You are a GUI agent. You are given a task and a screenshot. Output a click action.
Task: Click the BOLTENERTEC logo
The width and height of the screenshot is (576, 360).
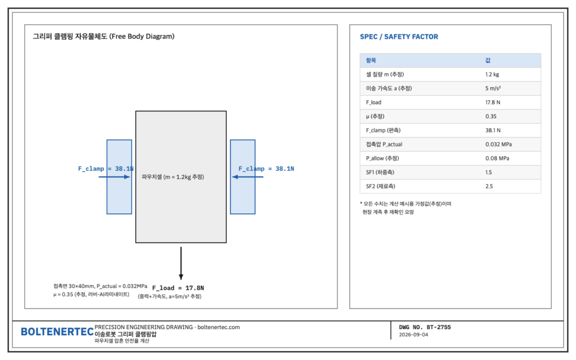pos(57,332)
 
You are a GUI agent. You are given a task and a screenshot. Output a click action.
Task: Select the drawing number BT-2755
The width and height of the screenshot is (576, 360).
pos(439,327)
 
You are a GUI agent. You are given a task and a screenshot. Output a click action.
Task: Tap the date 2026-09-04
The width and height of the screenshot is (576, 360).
pos(413,335)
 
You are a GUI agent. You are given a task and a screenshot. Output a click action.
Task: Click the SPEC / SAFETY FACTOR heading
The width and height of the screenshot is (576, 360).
pos(399,37)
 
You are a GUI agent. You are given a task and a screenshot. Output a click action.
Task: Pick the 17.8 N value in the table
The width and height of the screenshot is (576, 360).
pos(493,102)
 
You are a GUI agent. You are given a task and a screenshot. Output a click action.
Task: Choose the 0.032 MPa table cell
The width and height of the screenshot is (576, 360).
pos(498,145)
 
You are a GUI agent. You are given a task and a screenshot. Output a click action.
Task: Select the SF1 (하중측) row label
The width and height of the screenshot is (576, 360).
pos(380,172)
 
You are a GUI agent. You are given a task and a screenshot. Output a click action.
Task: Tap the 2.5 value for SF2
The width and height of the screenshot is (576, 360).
pos(489,186)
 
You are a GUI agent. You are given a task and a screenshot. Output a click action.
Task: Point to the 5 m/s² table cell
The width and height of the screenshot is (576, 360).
pos(493,88)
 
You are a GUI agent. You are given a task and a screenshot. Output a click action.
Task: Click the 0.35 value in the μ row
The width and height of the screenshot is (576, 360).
pos(490,116)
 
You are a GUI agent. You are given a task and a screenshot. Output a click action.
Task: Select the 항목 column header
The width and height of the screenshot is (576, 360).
pos(371,60)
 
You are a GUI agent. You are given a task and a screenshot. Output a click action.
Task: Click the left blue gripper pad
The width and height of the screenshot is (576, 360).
pos(119,177)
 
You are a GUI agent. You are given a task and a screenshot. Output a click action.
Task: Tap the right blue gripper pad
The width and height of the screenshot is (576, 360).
pos(243,177)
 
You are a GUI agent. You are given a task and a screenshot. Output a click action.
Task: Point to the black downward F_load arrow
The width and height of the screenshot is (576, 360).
pos(181,263)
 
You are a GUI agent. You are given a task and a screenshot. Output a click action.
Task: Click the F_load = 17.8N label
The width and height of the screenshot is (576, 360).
pos(178,288)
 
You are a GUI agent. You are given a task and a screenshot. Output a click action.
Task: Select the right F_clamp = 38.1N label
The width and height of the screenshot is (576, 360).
pos(266,169)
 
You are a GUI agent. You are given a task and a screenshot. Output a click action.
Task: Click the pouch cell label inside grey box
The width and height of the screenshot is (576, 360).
pos(173,177)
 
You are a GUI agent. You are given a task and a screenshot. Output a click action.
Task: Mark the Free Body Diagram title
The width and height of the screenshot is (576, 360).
pos(103,37)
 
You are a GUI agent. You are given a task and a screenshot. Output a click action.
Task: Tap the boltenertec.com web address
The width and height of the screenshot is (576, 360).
pos(219,327)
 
